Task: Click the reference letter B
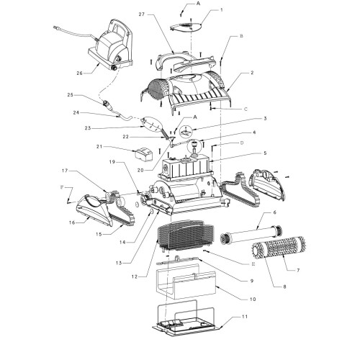243,35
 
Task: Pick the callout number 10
252,299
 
